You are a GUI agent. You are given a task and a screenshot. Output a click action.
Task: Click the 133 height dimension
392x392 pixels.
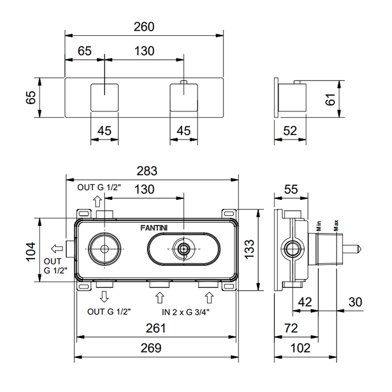(x=250, y=249)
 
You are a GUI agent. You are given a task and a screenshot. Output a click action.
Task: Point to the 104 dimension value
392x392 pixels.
(x=32, y=251)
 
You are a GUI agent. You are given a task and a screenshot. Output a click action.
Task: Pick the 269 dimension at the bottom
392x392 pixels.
(x=150, y=348)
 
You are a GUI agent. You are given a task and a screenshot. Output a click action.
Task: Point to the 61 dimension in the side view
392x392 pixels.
(x=348, y=99)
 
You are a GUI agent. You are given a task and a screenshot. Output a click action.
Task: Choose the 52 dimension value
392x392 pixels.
(x=290, y=130)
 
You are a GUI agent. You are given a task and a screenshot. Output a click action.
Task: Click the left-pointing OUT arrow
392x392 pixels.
(x=57, y=248)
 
